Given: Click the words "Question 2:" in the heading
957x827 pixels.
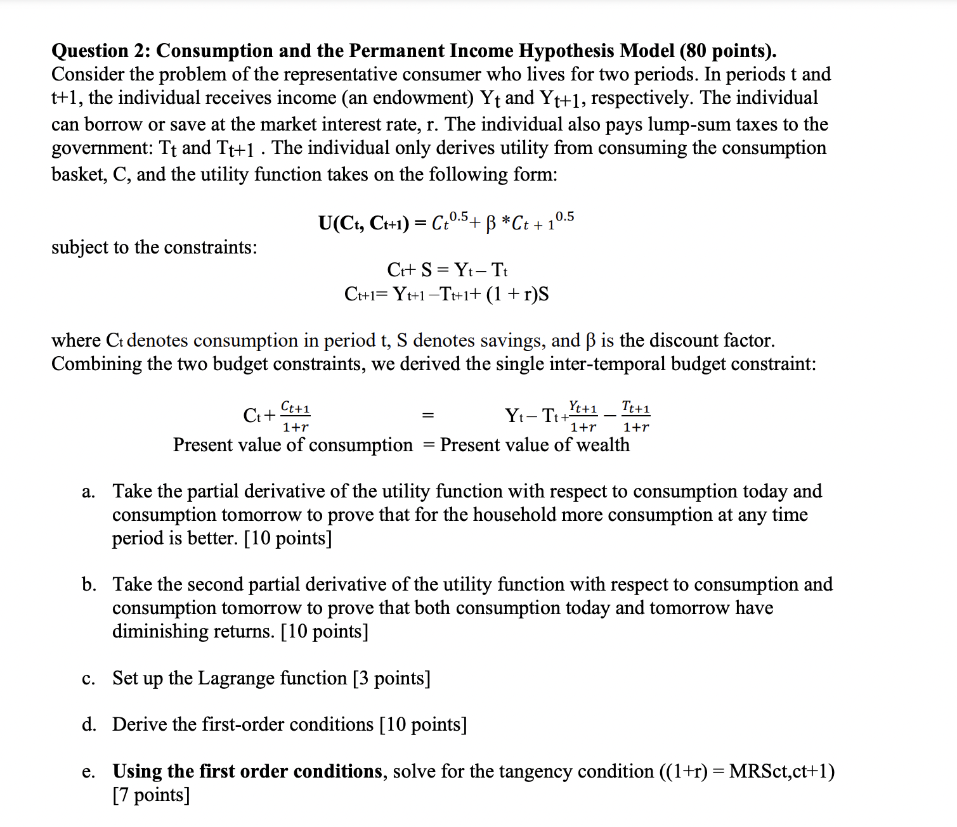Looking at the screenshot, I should point(101,51).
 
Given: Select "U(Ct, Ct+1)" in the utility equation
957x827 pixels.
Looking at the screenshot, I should point(363,223).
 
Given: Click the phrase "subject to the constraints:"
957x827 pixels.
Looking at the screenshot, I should point(154,247).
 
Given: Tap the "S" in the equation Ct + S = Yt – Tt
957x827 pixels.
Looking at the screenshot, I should point(427,271).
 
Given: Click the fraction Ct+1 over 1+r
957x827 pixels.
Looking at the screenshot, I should point(295,416).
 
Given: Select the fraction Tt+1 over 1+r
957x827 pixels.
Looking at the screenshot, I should point(636,416).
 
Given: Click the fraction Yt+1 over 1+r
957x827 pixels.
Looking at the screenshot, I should point(583,416).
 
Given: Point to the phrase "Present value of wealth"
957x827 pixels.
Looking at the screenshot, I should point(535,445).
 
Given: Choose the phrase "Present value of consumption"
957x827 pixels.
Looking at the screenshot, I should point(292,445).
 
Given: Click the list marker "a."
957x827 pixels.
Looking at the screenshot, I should point(89,492).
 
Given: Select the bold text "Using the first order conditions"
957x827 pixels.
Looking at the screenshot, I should point(247,771).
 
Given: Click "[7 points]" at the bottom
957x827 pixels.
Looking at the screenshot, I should point(151,795).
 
